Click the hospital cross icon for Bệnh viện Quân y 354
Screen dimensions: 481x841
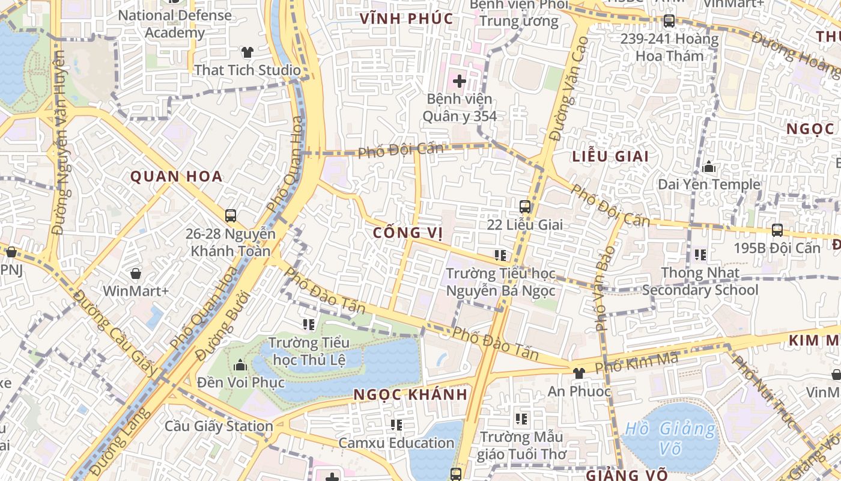(x=460, y=81)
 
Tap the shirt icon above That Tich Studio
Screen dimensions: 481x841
(x=247, y=52)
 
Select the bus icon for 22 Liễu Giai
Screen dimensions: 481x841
(x=525, y=207)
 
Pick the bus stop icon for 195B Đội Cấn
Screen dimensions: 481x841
(x=777, y=230)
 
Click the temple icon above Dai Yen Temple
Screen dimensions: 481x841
(x=709, y=167)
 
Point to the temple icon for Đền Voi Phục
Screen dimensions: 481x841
(x=240, y=365)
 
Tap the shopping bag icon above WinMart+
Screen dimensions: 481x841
(x=136, y=274)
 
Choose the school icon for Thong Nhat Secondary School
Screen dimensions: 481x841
(x=700, y=255)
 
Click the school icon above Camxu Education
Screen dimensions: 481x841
(x=396, y=425)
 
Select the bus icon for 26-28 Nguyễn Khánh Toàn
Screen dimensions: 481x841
(x=230, y=216)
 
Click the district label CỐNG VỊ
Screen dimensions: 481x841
(x=408, y=232)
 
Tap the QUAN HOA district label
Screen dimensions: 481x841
(x=177, y=177)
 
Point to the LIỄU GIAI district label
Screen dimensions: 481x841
(x=610, y=157)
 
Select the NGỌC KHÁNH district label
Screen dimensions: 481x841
(x=410, y=395)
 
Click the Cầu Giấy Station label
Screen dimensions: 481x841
(x=219, y=426)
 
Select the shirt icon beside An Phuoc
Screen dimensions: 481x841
(x=578, y=373)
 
